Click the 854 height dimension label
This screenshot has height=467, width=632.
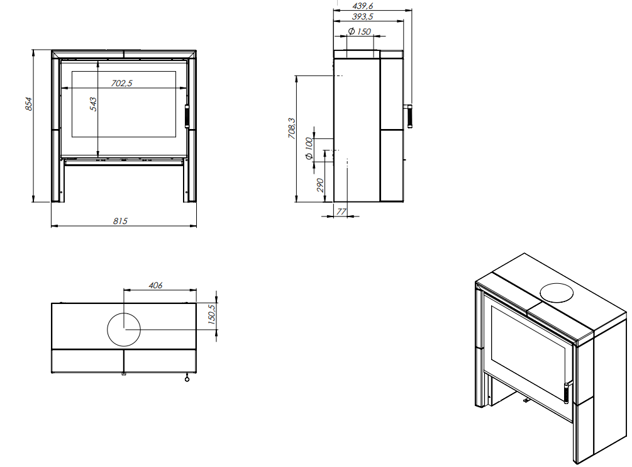click(28, 104)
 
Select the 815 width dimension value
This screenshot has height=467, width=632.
click(120, 221)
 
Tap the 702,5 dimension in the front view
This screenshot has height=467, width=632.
click(122, 83)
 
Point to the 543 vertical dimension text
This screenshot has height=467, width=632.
click(93, 104)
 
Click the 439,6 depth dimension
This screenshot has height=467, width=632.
click(363, 6)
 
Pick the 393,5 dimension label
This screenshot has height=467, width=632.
click(363, 16)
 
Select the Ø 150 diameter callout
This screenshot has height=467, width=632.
click(360, 31)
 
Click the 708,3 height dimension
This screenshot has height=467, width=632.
click(292, 128)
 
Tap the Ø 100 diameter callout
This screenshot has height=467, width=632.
click(309, 149)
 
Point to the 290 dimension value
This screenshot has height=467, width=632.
click(320, 185)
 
